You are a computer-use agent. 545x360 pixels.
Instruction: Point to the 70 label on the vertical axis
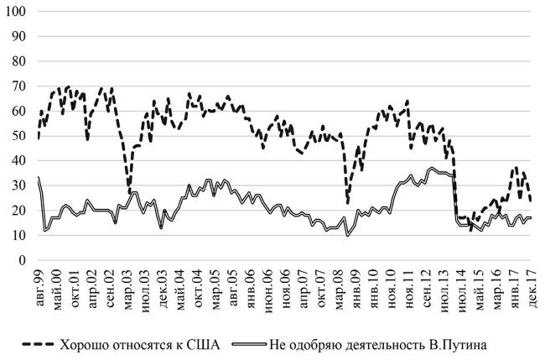click(x=18, y=86)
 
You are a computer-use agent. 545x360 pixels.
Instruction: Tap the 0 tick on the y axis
click(x=22, y=260)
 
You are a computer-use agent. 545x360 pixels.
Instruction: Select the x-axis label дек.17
click(x=531, y=285)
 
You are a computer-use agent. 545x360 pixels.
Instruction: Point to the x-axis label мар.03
click(x=126, y=285)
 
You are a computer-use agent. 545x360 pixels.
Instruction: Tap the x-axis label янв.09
click(x=355, y=285)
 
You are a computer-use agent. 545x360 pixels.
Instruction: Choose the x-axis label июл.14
click(x=460, y=285)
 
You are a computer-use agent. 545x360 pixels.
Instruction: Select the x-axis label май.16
click(x=496, y=285)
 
